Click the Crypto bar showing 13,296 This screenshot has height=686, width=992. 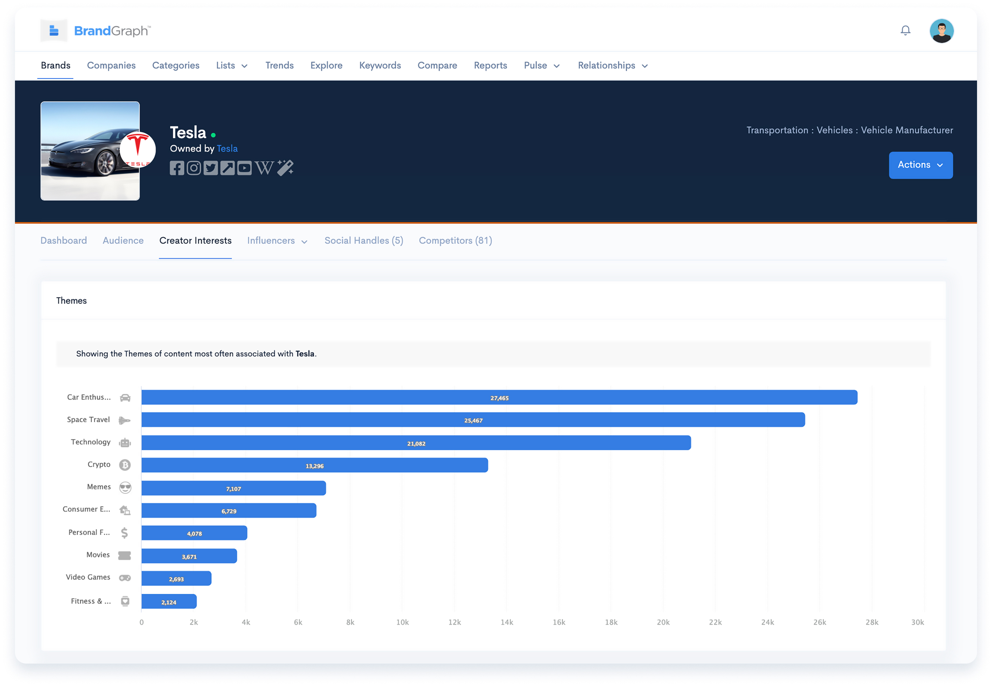tap(315, 465)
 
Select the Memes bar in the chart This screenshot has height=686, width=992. tap(233, 488)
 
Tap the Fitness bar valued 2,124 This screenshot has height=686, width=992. tap(169, 601)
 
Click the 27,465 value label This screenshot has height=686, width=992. tap(499, 398)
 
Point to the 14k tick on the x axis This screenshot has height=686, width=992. tap(507, 622)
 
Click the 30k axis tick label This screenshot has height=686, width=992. tap(918, 622)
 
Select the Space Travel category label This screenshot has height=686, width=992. tap(88, 420)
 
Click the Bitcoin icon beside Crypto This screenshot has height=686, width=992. tap(125, 465)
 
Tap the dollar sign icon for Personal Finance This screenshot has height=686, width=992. tap(124, 533)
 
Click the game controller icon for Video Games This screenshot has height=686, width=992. tap(125, 578)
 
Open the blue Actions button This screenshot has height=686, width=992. tap(921, 165)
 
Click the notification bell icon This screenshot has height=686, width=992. tap(905, 31)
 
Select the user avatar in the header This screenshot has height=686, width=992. tap(941, 31)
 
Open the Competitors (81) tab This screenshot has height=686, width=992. tap(455, 240)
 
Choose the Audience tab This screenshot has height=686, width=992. tap(123, 240)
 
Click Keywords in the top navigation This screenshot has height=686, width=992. tap(380, 65)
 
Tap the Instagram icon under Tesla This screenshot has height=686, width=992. tap(194, 168)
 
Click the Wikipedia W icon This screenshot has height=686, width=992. tap(264, 168)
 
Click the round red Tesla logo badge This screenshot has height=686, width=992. tap(138, 149)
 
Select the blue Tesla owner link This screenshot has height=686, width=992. tap(227, 148)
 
